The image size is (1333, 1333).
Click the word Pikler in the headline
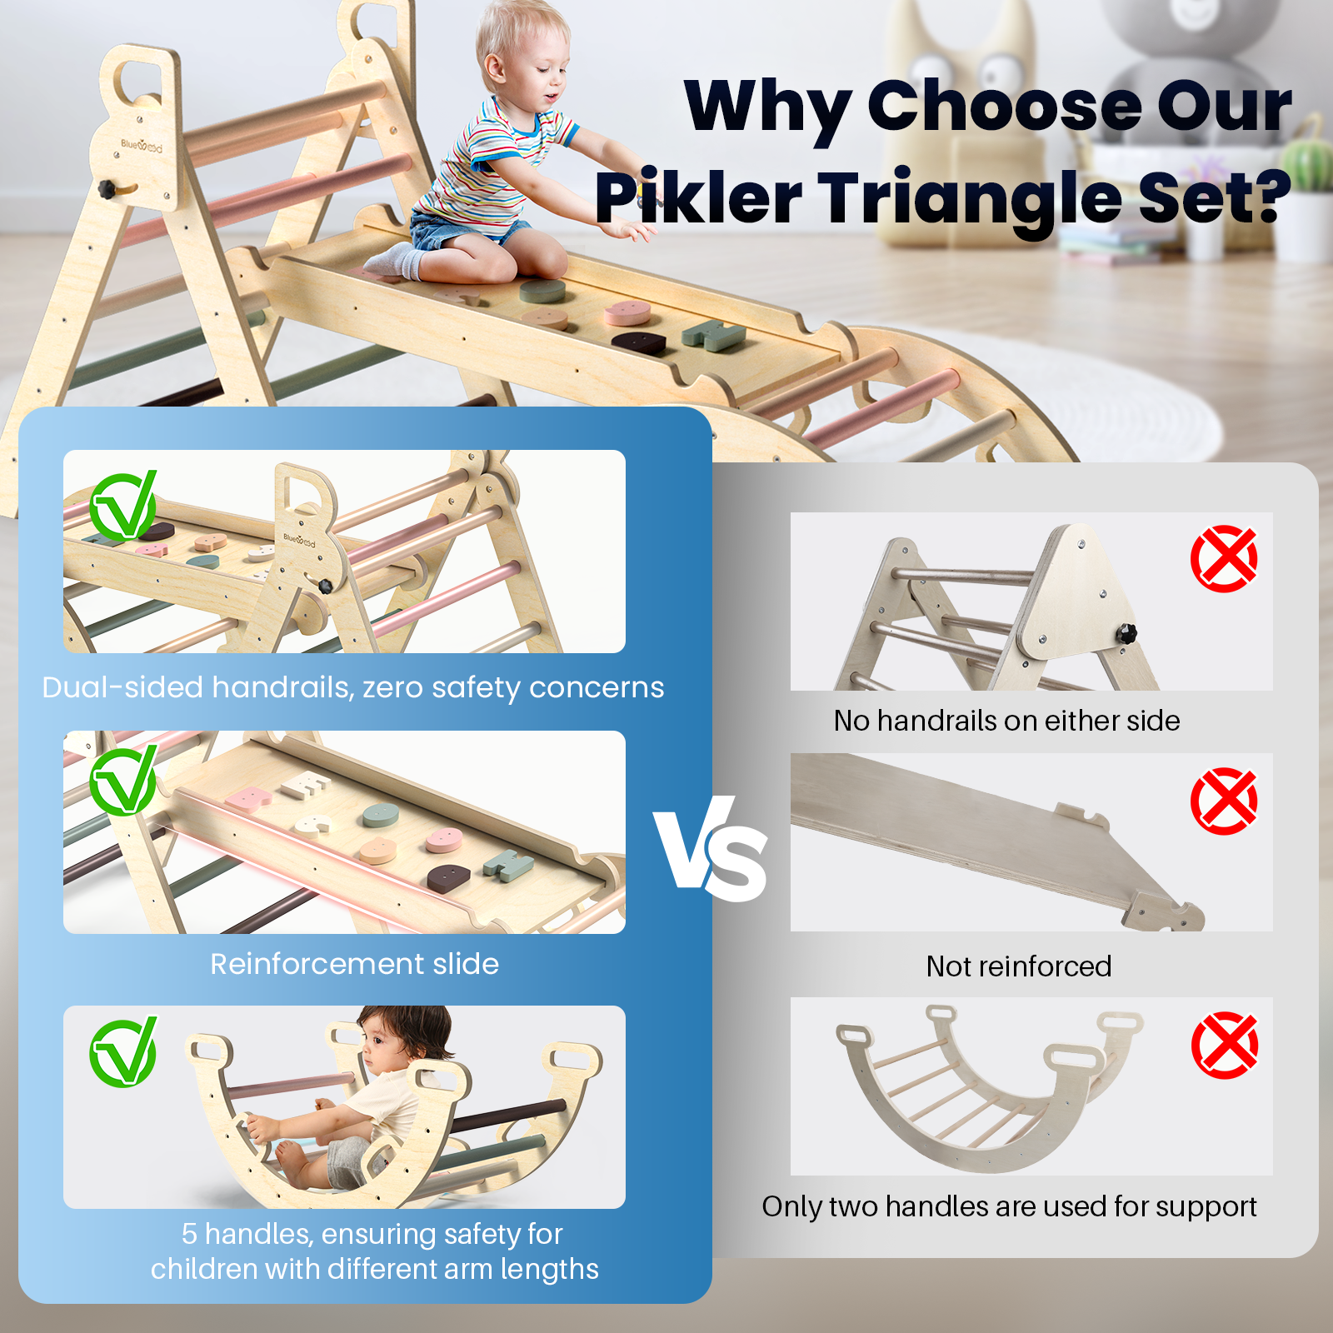point(698,198)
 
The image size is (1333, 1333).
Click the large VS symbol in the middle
point(711,848)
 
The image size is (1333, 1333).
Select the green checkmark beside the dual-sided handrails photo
point(123,507)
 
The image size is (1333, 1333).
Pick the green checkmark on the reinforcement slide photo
point(123,780)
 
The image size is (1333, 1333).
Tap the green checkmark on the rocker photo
point(123,1052)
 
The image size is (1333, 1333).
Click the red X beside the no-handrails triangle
point(1224,558)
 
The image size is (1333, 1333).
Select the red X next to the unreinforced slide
point(1224,801)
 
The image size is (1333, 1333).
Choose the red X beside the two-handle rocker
point(1225,1045)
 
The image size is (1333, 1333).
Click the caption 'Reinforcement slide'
point(354,964)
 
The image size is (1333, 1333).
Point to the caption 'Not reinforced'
point(1019,966)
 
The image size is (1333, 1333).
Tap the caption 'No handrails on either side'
point(1006,721)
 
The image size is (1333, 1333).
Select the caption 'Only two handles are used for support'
point(1009,1206)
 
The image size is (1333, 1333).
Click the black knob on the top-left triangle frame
point(107,189)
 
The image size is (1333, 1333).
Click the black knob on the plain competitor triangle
point(1127,633)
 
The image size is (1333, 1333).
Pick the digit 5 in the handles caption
point(189,1234)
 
